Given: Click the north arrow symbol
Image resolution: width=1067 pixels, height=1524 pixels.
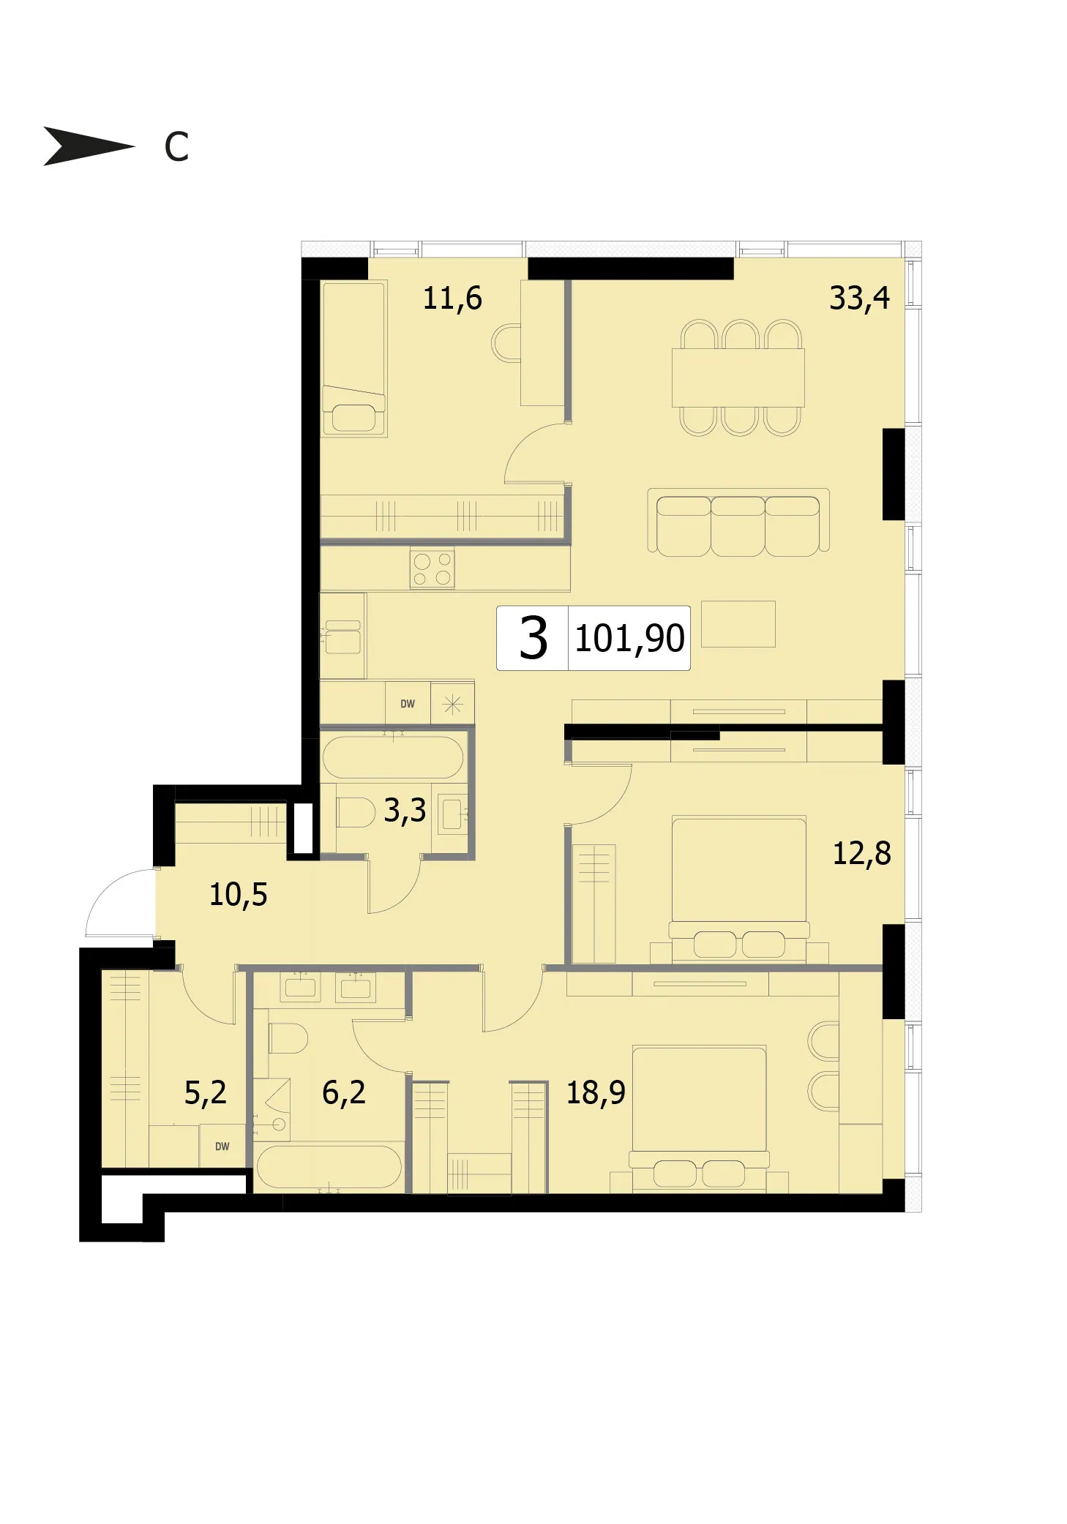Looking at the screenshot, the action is pyautogui.click(x=88, y=146).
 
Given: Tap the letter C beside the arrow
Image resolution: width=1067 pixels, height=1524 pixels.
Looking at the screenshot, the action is pyautogui.click(x=176, y=147).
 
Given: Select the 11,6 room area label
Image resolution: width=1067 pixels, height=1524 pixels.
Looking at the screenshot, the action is pyautogui.click(x=452, y=299).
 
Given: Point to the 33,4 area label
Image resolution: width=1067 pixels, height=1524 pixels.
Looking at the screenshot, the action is pyautogui.click(x=859, y=298).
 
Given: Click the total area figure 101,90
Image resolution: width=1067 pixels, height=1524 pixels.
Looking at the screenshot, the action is pyautogui.click(x=629, y=638).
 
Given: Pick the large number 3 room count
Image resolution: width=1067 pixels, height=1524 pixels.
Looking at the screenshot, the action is pyautogui.click(x=533, y=638).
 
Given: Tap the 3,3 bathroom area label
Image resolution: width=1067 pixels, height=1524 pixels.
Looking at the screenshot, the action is pyautogui.click(x=405, y=811).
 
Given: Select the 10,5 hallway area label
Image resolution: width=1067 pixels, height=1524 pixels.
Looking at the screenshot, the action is pyautogui.click(x=239, y=894).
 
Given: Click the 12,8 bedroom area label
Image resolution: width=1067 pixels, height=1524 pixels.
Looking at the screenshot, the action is pyautogui.click(x=862, y=853).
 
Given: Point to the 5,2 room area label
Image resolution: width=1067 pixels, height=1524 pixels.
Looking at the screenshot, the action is pyautogui.click(x=205, y=1092).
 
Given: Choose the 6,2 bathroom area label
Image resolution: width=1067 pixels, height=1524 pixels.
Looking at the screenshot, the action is pyautogui.click(x=343, y=1092).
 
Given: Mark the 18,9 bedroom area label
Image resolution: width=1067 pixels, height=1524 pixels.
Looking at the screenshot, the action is pyautogui.click(x=596, y=1092).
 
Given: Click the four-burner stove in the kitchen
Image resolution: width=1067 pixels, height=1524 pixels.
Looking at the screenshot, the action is pyautogui.click(x=432, y=569).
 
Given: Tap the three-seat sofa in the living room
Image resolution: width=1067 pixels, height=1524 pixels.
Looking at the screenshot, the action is pyautogui.click(x=738, y=522).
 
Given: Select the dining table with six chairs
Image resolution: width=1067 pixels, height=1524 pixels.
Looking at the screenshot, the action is pyautogui.click(x=738, y=378).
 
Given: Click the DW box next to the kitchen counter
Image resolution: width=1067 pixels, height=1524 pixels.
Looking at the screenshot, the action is pyautogui.click(x=408, y=704).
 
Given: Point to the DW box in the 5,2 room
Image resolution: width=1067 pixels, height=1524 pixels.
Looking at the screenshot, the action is pyautogui.click(x=222, y=1146).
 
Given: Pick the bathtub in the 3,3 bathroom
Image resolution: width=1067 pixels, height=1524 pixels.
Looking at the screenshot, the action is pyautogui.click(x=393, y=757).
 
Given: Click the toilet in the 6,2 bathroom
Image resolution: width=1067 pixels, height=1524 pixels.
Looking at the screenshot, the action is pyautogui.click(x=288, y=1037).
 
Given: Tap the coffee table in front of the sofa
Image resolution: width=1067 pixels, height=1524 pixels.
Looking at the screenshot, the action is pyautogui.click(x=738, y=624).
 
